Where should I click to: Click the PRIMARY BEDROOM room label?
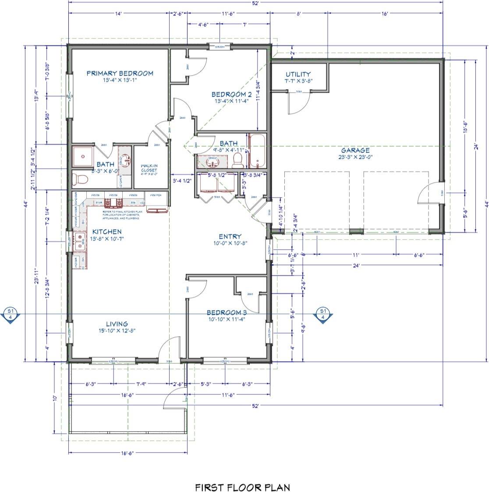coord(120,73)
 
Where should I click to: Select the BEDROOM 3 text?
coord(226,312)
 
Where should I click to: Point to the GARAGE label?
coord(355,150)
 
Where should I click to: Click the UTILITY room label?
coord(298,74)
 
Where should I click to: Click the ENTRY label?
coord(230,236)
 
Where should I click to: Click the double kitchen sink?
coord(80,242)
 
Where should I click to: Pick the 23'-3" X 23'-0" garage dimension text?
coord(355,157)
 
